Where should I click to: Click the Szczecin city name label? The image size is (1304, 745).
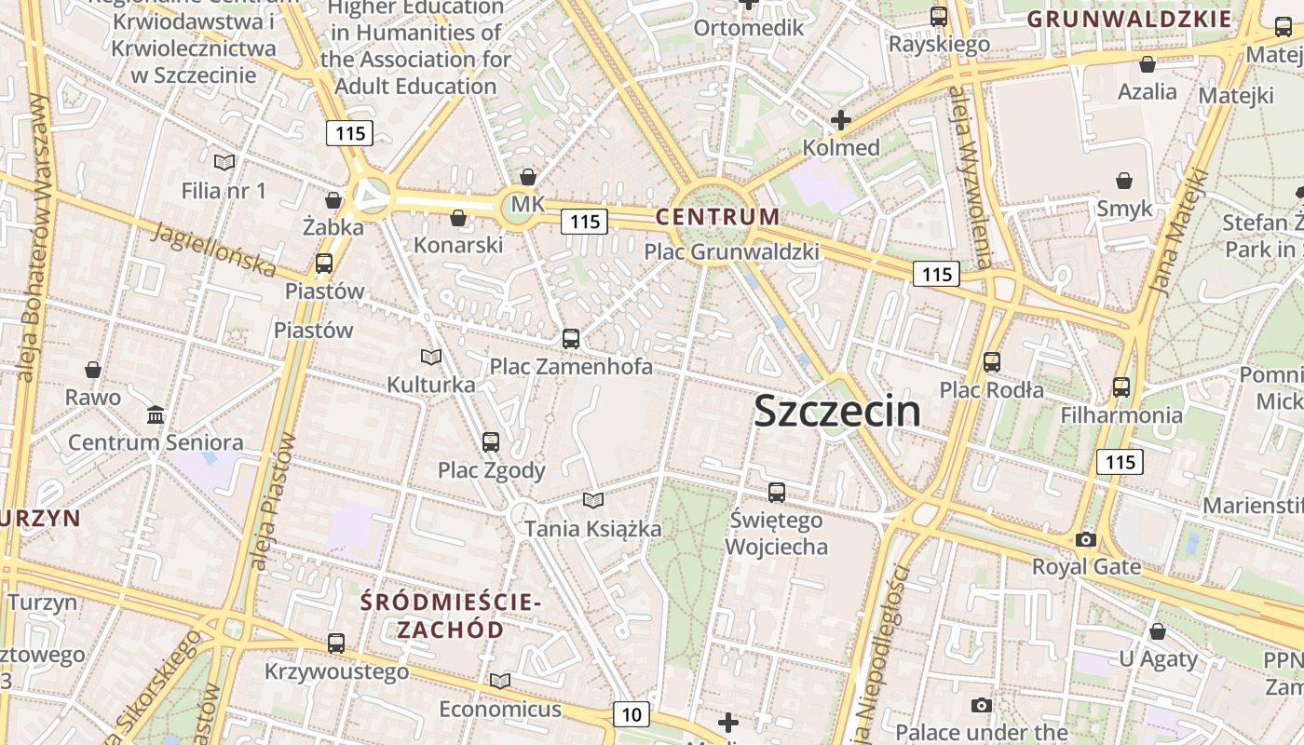(836, 411)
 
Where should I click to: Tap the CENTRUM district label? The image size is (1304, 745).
(717, 217)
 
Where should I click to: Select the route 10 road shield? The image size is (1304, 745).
(632, 714)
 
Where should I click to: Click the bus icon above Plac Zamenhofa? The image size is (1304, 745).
(571, 339)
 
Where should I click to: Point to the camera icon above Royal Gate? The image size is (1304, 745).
(1085, 539)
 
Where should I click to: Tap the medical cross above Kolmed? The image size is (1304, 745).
(841, 119)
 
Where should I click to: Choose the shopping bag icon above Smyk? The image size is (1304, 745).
(1124, 181)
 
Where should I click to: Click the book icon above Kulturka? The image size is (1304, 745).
(430, 357)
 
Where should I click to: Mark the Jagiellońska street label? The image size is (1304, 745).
(214, 250)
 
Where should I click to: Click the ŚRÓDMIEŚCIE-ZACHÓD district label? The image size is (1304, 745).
(451, 616)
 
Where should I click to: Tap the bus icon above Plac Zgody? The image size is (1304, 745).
(491, 442)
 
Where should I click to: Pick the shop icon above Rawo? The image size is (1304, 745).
(93, 370)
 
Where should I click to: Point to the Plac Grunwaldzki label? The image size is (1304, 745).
(732, 251)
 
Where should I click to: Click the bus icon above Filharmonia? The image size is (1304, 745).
(1121, 386)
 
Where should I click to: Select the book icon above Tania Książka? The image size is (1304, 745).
(593, 501)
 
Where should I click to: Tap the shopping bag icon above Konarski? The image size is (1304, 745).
(457, 218)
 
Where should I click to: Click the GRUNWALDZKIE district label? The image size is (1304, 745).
(1129, 19)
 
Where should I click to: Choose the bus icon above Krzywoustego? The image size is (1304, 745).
(336, 643)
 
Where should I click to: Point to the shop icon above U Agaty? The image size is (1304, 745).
(1157, 631)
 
